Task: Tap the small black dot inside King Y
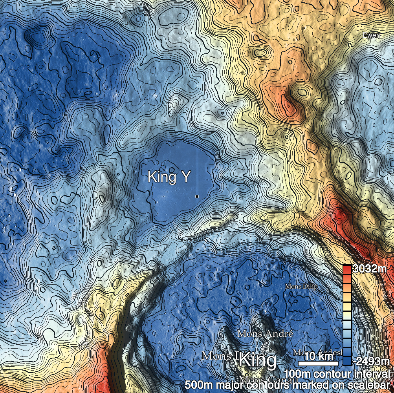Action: (196, 196)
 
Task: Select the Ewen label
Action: (371, 35)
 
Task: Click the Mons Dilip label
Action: (301, 287)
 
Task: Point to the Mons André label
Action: (265, 334)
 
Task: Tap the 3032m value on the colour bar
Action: (369, 269)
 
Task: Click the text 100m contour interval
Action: (337, 373)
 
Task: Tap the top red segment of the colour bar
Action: (347, 270)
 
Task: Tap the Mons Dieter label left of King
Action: (220, 356)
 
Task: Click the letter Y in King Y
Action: (185, 177)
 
